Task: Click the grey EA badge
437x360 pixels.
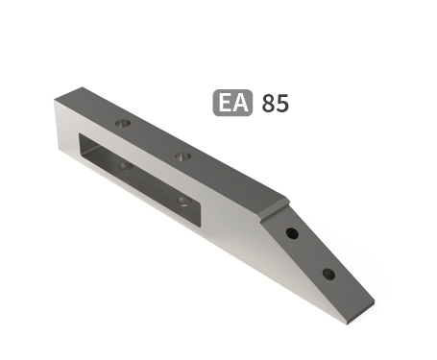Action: (x=232, y=103)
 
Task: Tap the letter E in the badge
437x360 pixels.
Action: (x=225, y=103)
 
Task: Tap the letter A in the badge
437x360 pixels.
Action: (x=240, y=103)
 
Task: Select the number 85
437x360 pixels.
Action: (x=275, y=103)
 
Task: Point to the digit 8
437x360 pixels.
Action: (x=268, y=103)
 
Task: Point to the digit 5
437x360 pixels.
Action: (x=281, y=103)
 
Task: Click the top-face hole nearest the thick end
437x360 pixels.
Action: (x=122, y=124)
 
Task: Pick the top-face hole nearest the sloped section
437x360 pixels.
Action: (x=183, y=154)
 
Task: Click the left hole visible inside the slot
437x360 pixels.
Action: (x=124, y=166)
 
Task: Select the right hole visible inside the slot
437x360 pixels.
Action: (x=182, y=201)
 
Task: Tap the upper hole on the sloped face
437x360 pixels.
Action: (x=292, y=234)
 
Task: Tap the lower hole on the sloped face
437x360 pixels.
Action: (x=328, y=274)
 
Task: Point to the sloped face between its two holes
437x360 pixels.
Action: (x=309, y=254)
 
